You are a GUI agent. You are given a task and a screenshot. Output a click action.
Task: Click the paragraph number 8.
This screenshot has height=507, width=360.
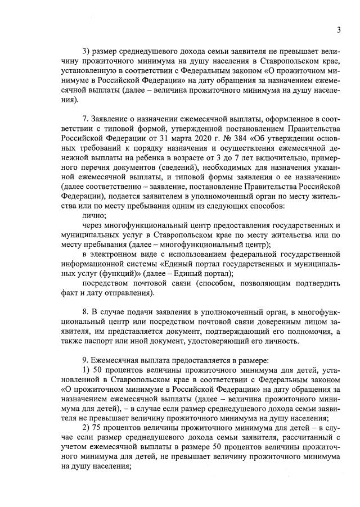[84, 311]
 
